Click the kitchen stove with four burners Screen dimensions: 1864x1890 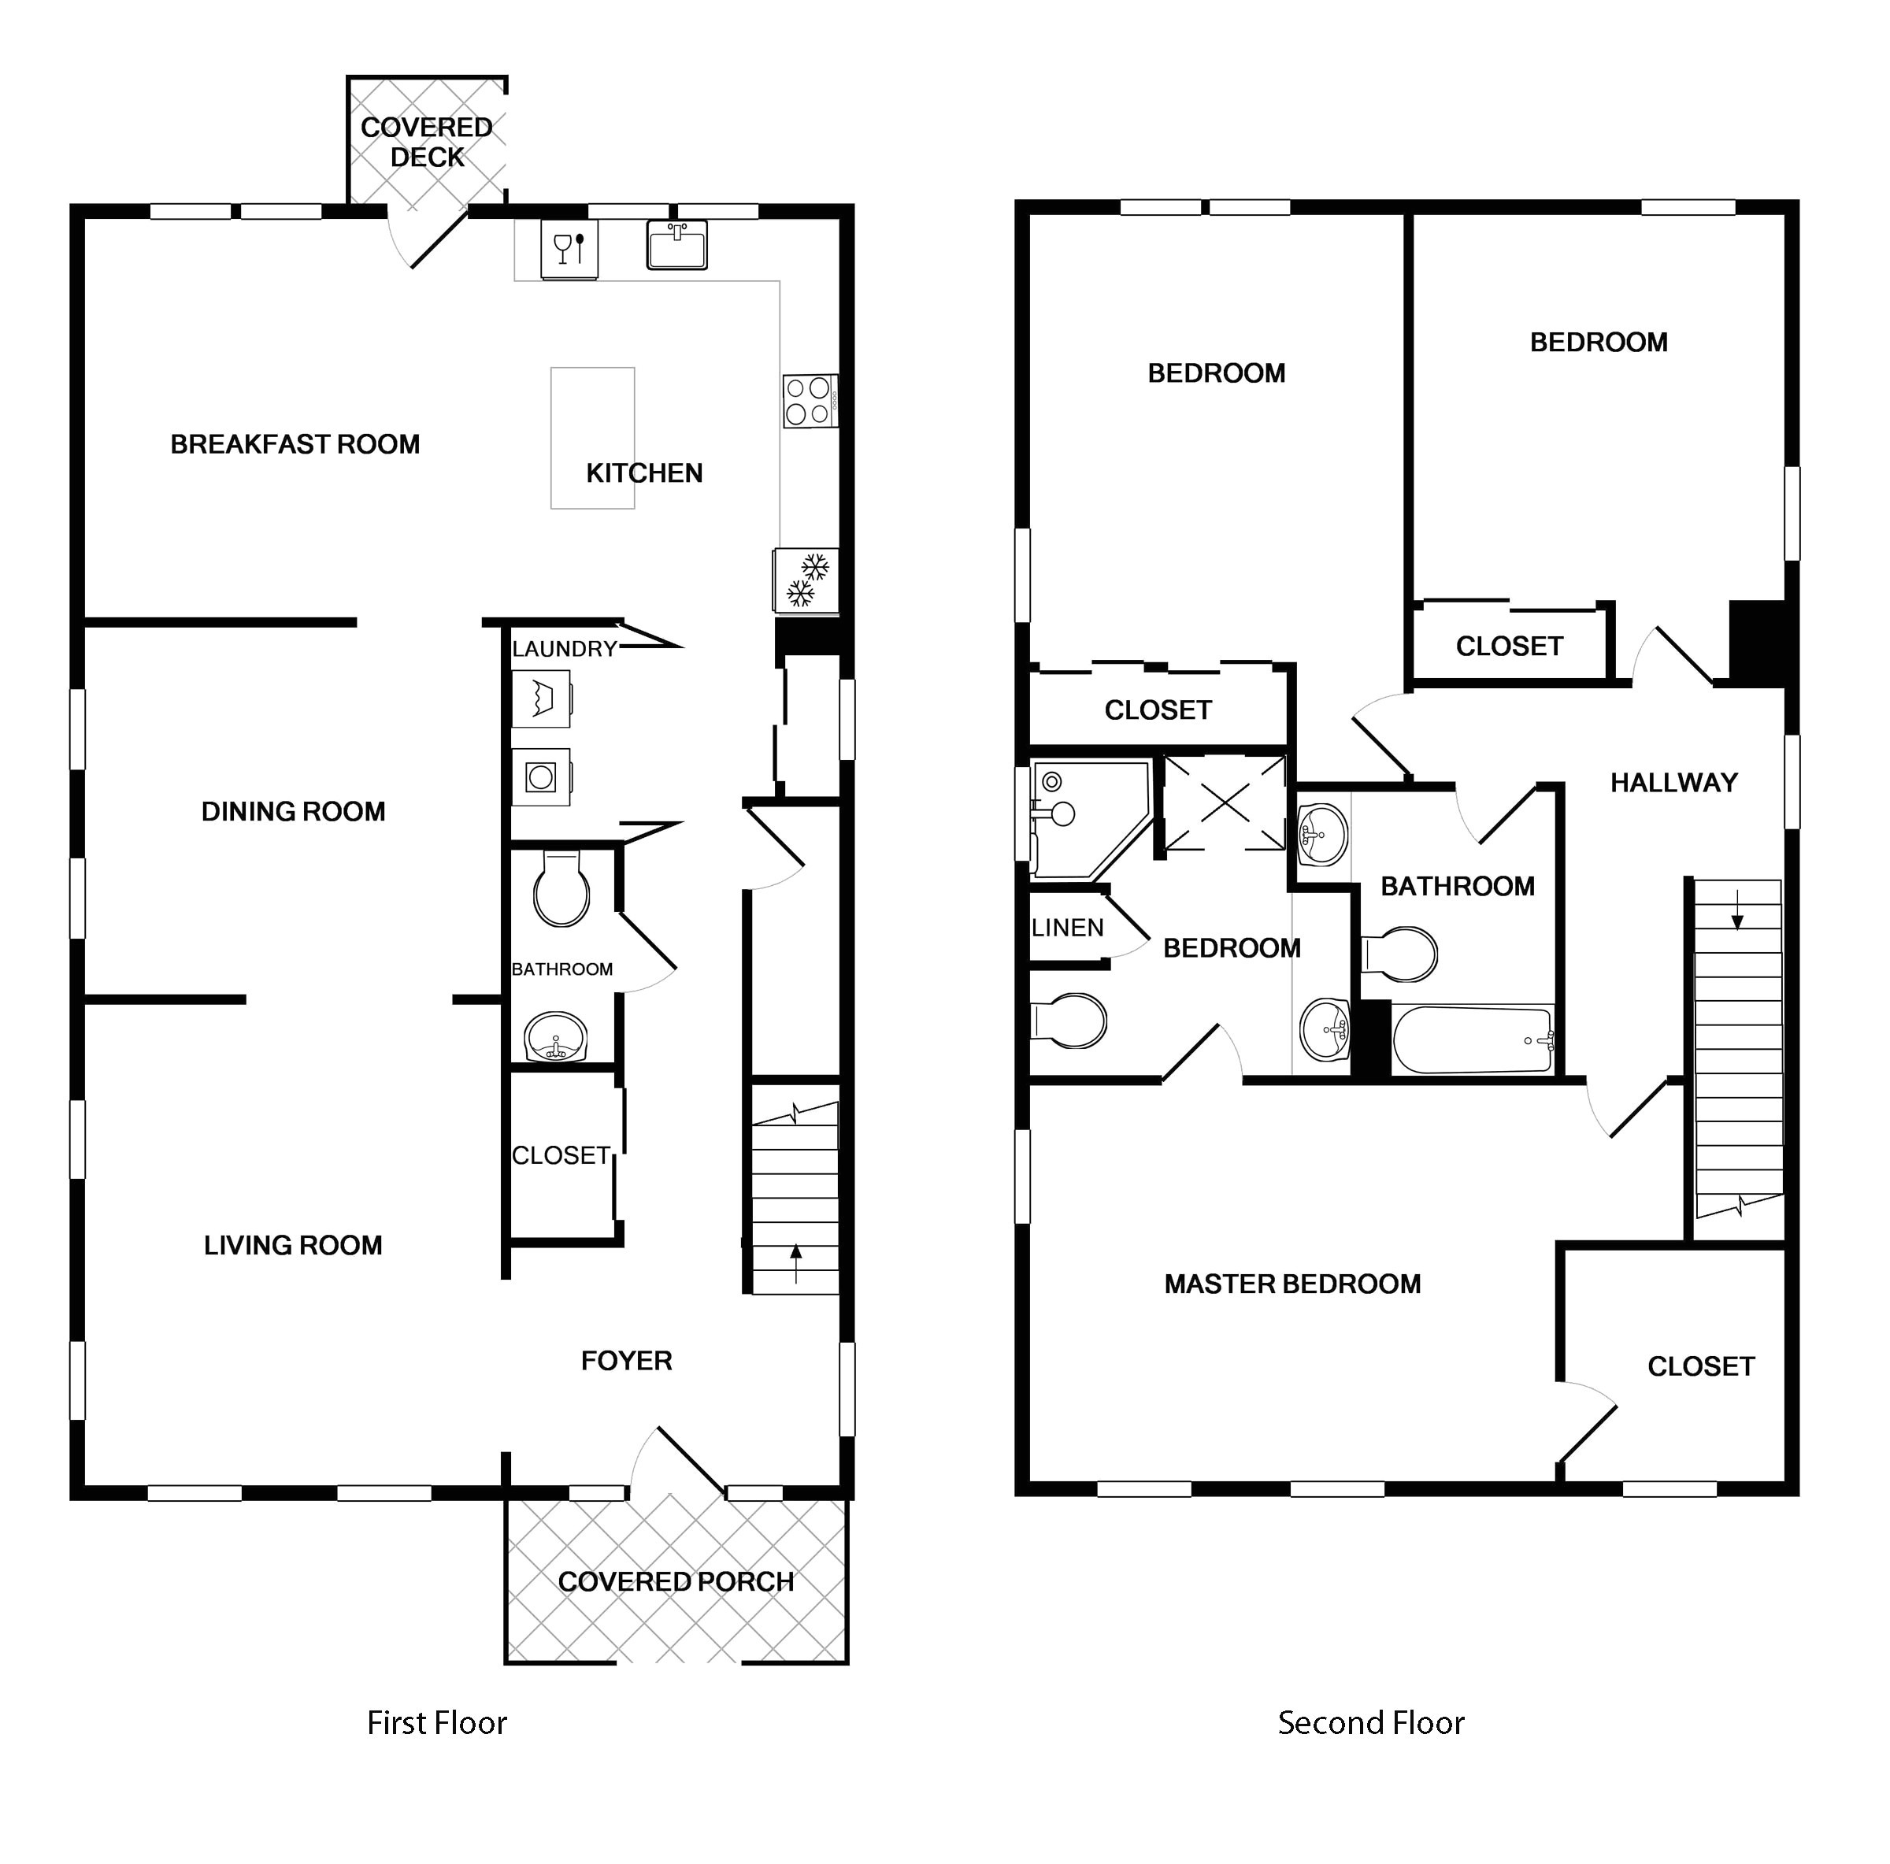click(x=810, y=401)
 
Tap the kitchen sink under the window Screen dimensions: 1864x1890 click(x=677, y=245)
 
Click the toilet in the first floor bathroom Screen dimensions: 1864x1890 click(x=561, y=889)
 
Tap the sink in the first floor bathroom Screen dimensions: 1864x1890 click(x=556, y=1036)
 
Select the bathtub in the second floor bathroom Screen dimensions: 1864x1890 click(x=1473, y=1040)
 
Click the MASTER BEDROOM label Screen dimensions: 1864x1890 click(x=1292, y=1284)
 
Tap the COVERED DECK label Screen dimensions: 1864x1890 click(x=427, y=142)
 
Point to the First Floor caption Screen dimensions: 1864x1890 click(x=436, y=1722)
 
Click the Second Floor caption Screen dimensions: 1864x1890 click(x=1370, y=1722)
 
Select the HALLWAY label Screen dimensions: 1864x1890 click(x=1673, y=783)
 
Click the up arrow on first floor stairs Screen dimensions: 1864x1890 click(x=796, y=1263)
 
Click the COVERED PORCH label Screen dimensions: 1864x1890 click(x=676, y=1581)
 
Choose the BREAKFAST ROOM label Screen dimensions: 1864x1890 click(x=295, y=444)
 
